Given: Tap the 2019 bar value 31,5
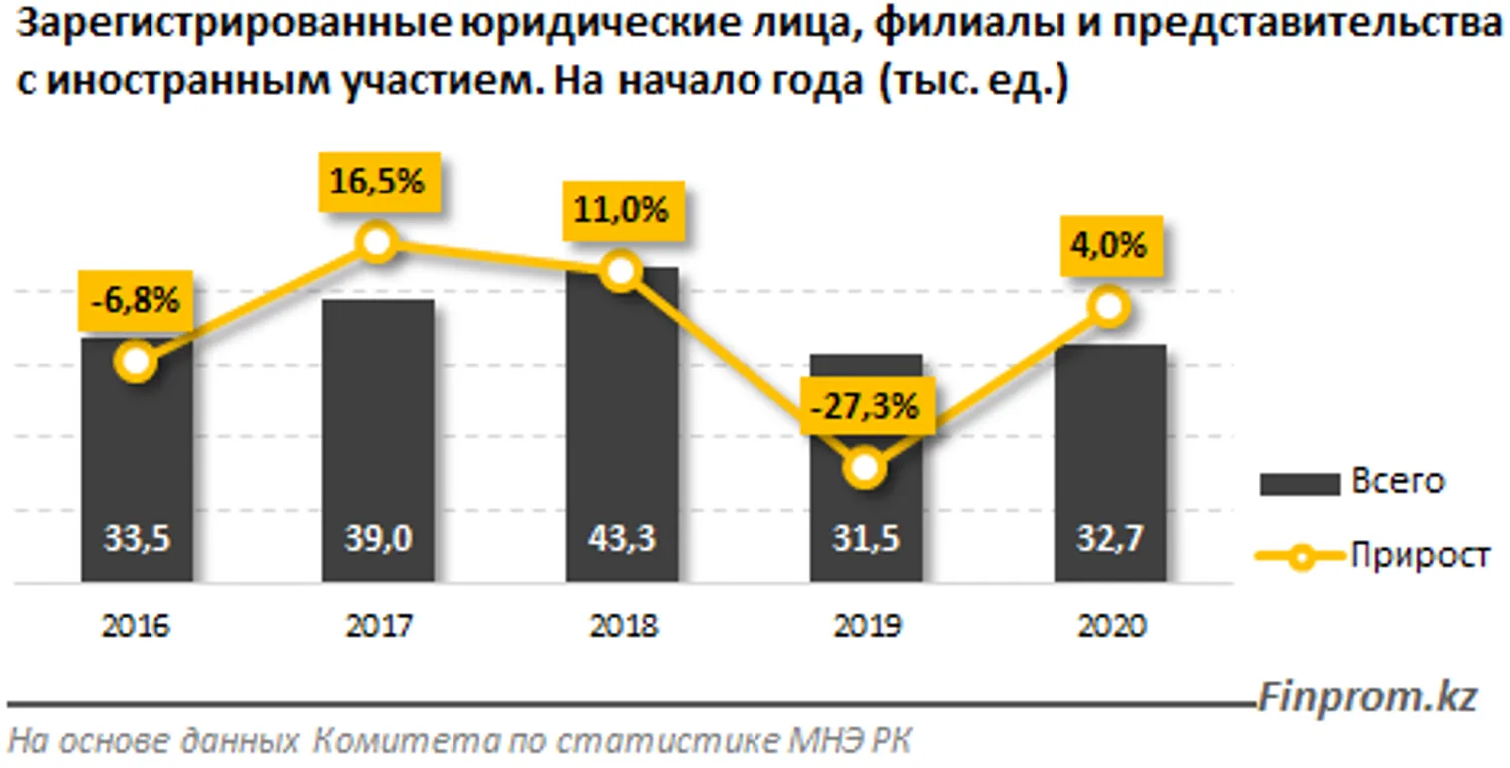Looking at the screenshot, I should (866, 539).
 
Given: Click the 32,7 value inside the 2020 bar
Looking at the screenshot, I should (1109, 539).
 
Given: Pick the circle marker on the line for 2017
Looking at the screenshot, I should (375, 241).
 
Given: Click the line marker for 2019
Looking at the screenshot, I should (866, 467).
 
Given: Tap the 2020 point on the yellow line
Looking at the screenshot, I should (1109, 306).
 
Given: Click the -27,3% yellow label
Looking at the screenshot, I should (865, 408).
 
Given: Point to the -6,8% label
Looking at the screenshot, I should (137, 301).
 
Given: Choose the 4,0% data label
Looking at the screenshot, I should (1109, 245).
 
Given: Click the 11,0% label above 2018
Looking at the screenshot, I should (622, 212).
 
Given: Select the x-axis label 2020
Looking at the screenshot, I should (1109, 626).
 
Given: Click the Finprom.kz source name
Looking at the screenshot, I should (1366, 697).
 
